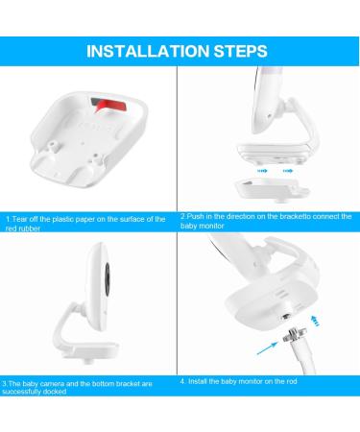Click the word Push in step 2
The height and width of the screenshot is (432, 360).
[x=199, y=216]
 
